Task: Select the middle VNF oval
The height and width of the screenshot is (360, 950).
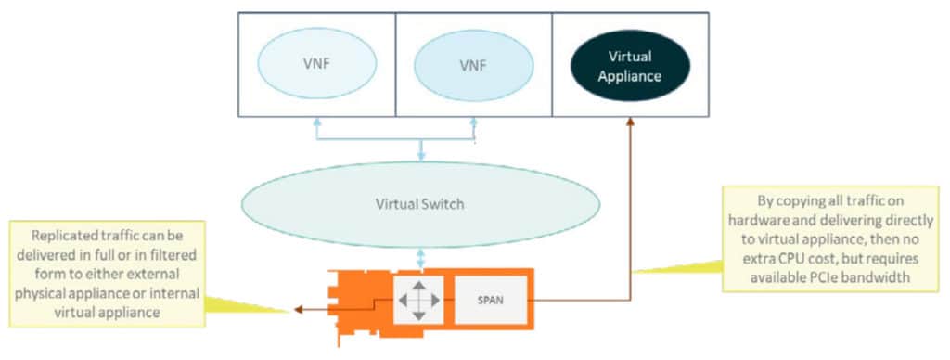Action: pos(474,66)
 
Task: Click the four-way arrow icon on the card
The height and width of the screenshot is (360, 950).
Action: pos(419,301)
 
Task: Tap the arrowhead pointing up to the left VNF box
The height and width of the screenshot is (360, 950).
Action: pos(316,122)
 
